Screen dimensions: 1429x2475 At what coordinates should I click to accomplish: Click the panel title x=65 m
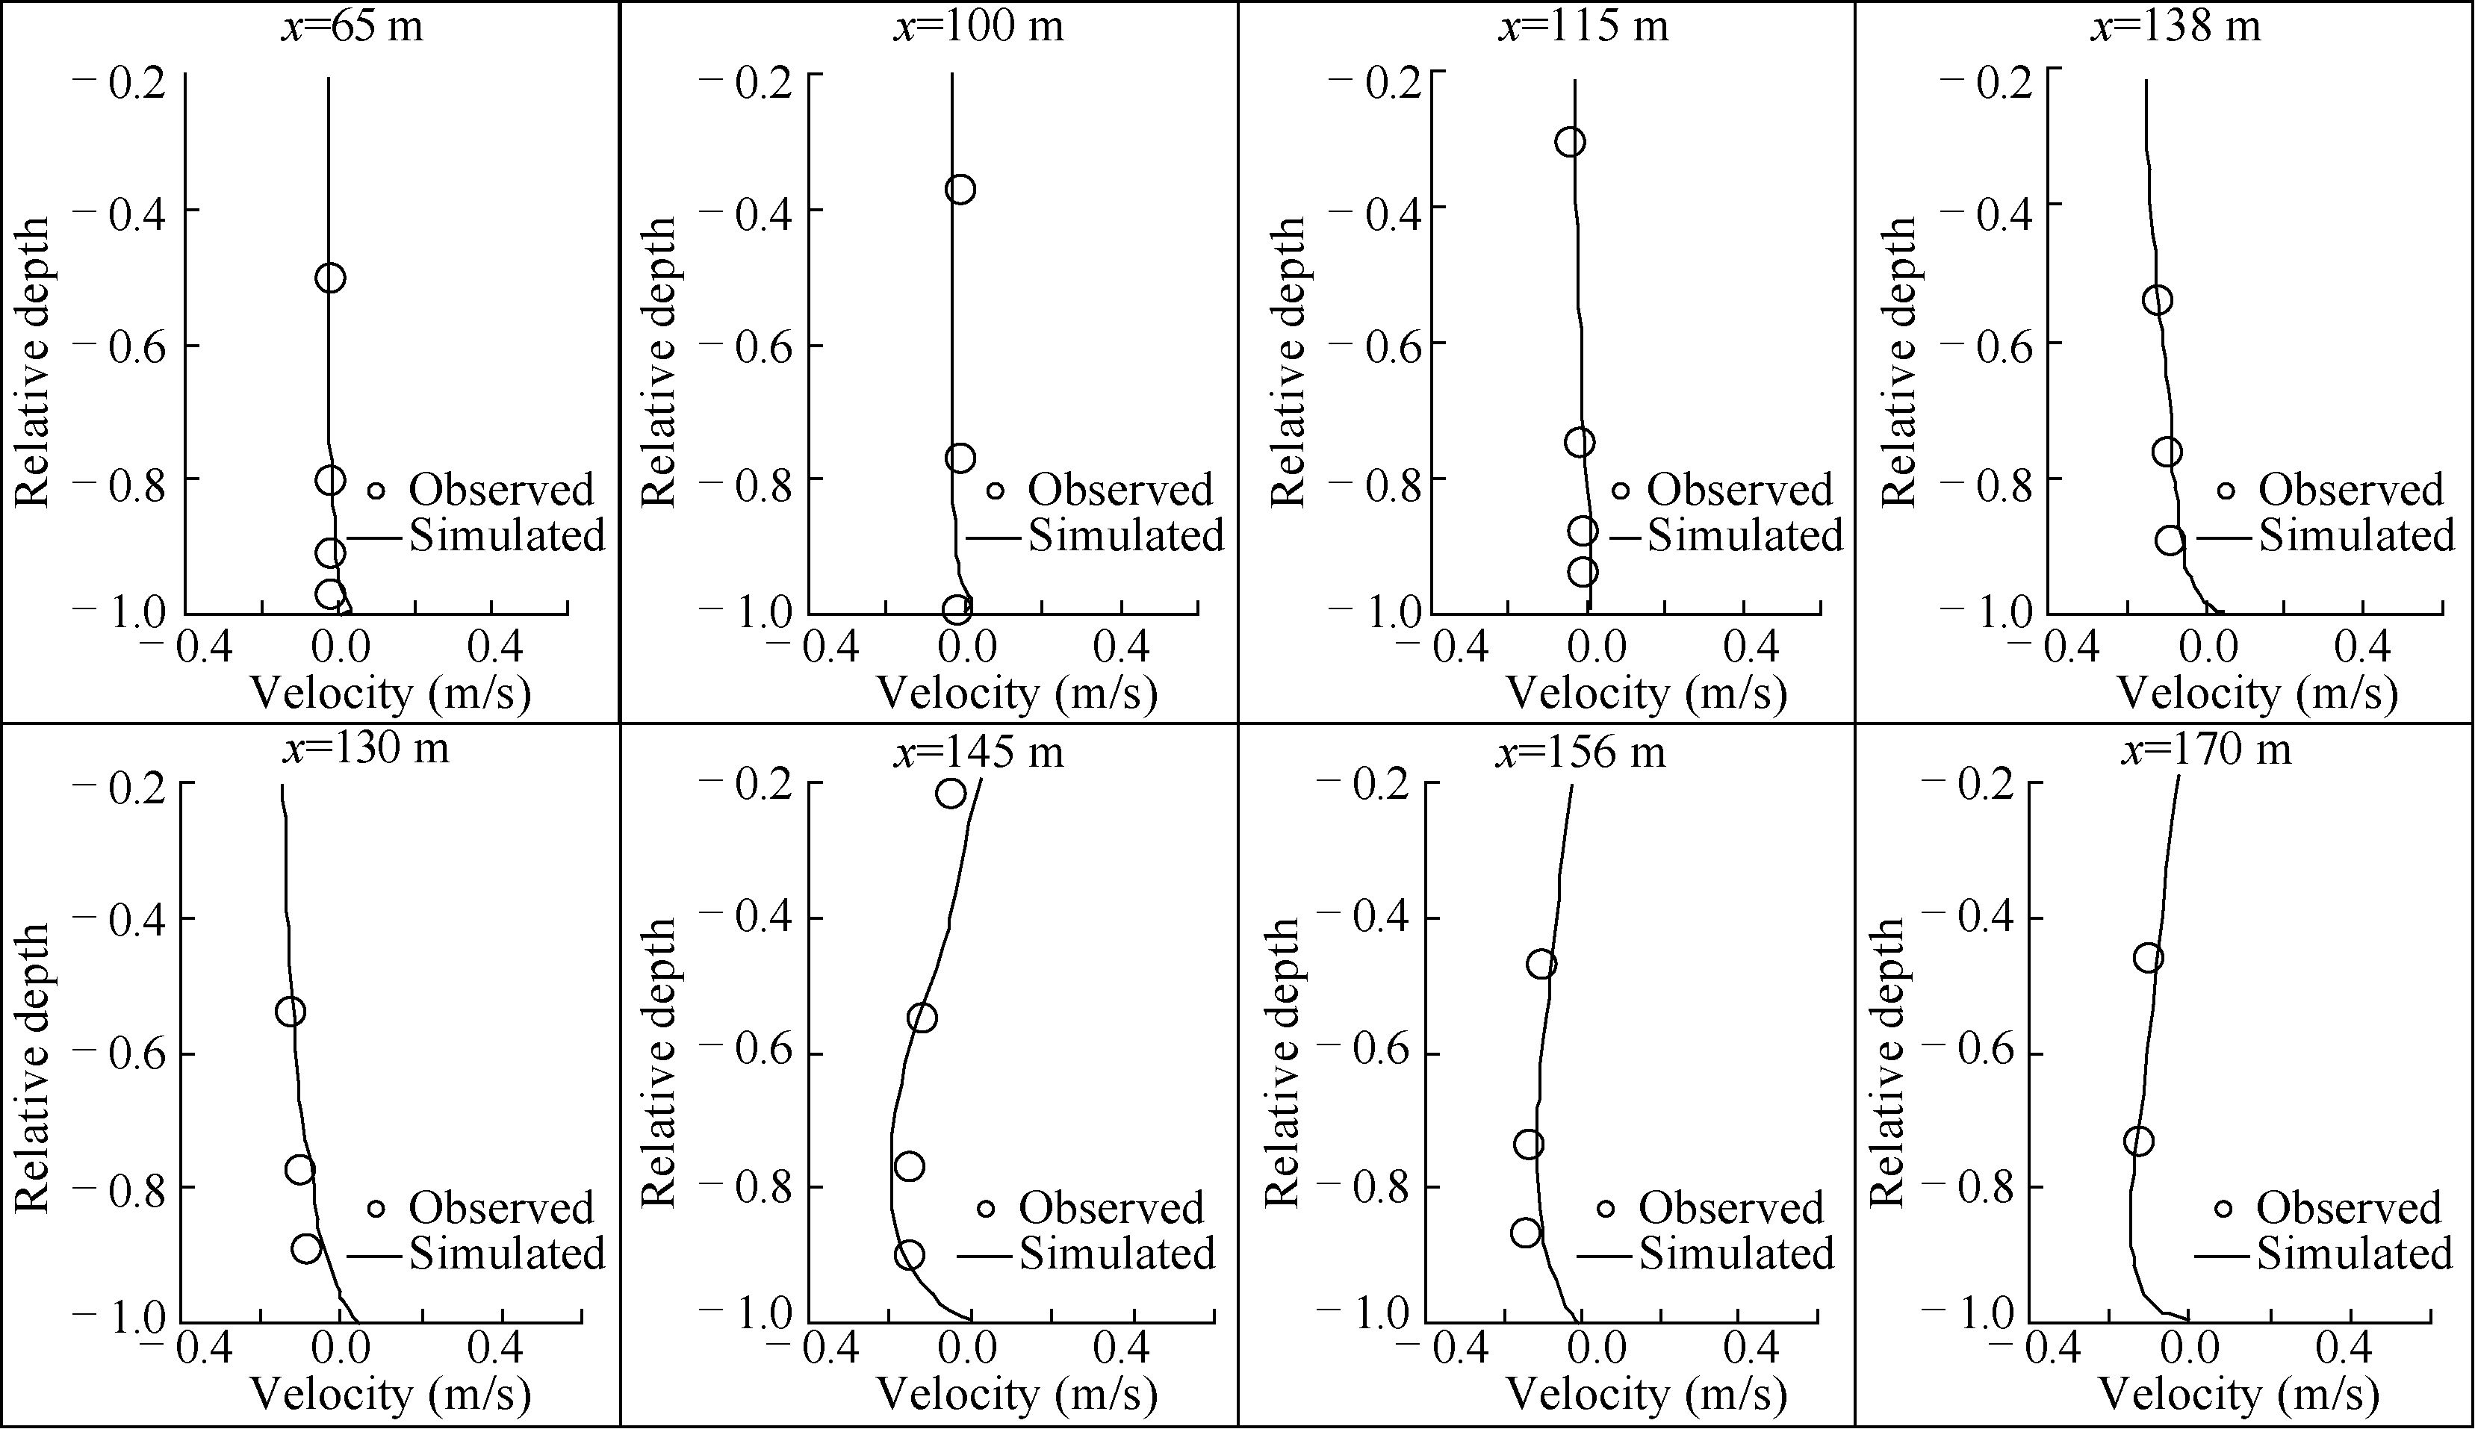point(353,25)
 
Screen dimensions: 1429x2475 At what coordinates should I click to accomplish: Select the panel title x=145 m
point(978,752)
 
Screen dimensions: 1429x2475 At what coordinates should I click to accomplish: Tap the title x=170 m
point(2205,750)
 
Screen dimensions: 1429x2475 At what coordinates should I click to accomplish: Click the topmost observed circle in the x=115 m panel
point(1571,143)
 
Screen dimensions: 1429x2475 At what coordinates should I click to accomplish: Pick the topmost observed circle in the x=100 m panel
point(960,190)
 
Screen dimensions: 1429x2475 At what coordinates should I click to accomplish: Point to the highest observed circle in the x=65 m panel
point(330,278)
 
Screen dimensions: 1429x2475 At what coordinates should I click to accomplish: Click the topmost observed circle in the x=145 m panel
point(950,793)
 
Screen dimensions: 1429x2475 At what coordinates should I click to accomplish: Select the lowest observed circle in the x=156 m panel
point(1526,1233)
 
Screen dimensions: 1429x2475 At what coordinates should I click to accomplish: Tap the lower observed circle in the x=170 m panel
point(2138,1142)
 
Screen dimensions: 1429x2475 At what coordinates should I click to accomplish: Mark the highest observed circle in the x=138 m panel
point(2157,299)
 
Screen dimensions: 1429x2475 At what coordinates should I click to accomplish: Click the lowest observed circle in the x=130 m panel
point(306,1248)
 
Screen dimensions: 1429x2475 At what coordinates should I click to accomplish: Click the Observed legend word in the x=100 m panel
point(1120,489)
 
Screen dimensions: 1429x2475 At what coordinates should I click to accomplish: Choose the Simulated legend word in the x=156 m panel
point(1736,1254)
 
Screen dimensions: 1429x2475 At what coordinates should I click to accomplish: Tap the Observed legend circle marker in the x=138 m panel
point(2226,490)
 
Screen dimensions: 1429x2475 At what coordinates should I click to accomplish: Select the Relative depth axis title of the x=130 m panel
point(32,1067)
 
